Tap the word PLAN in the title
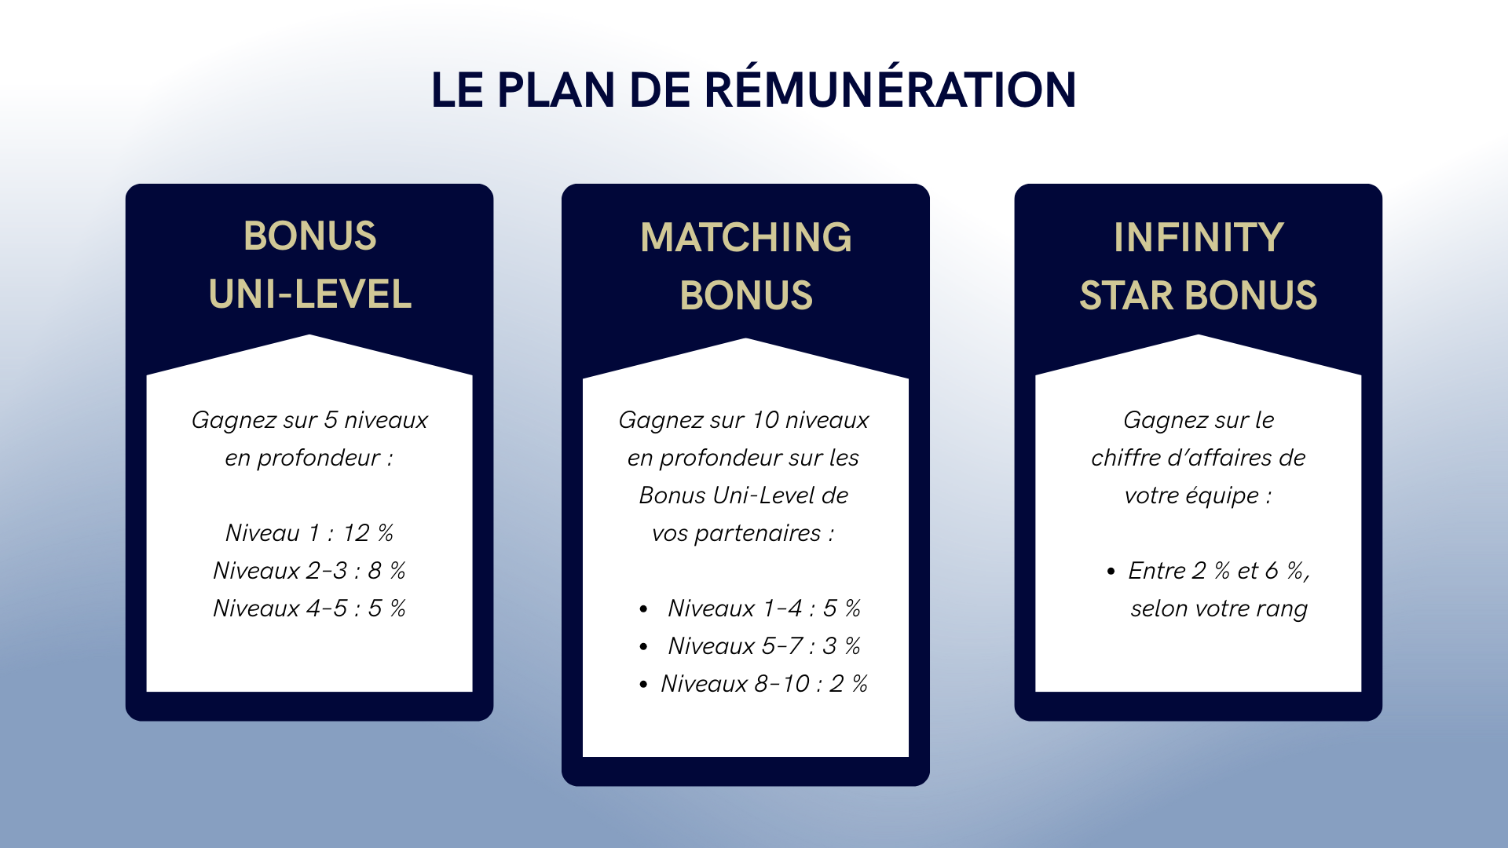click(x=555, y=90)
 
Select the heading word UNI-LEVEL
click(x=310, y=294)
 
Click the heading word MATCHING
click(x=746, y=237)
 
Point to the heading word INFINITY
click(x=1199, y=237)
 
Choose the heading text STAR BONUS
click(x=1199, y=295)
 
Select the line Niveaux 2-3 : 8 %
click(x=309, y=571)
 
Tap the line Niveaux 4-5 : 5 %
click(x=309, y=609)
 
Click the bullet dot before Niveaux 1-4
click(x=643, y=609)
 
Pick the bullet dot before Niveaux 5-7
click(x=643, y=647)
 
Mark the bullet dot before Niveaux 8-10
click(x=643, y=685)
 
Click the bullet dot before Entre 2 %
click(x=1111, y=572)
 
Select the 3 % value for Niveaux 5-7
click(x=842, y=646)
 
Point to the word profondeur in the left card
click(x=319, y=458)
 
